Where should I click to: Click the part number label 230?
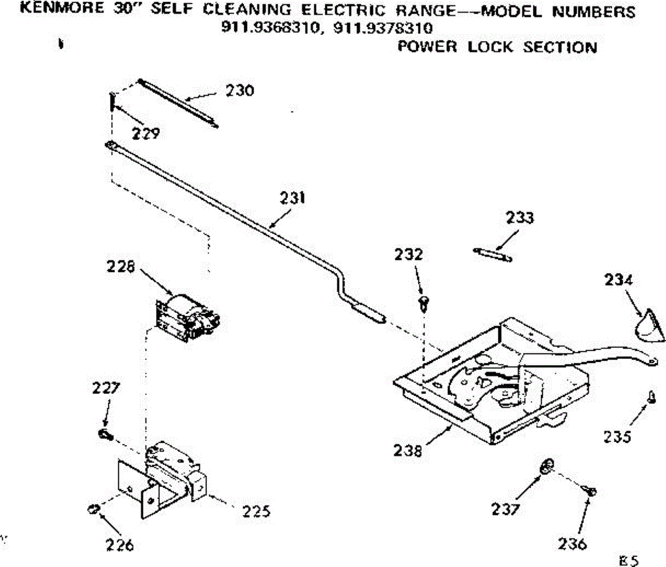239,90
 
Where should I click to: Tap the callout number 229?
145,133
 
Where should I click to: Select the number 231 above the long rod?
292,198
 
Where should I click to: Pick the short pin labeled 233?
493,254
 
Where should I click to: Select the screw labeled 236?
589,490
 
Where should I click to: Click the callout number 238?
408,450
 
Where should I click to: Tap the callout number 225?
256,510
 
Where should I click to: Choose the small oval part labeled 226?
93,508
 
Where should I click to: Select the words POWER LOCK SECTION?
497,47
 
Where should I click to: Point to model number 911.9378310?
382,28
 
